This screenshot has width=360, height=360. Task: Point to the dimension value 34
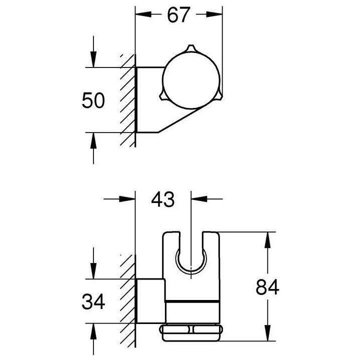pyautogui.click(x=93, y=301)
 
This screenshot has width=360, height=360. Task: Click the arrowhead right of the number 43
pyautogui.click(x=198, y=199)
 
